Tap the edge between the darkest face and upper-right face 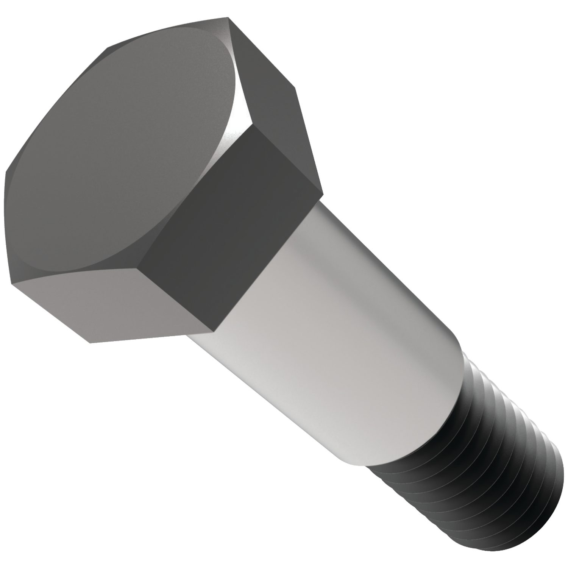pos(288,159)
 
